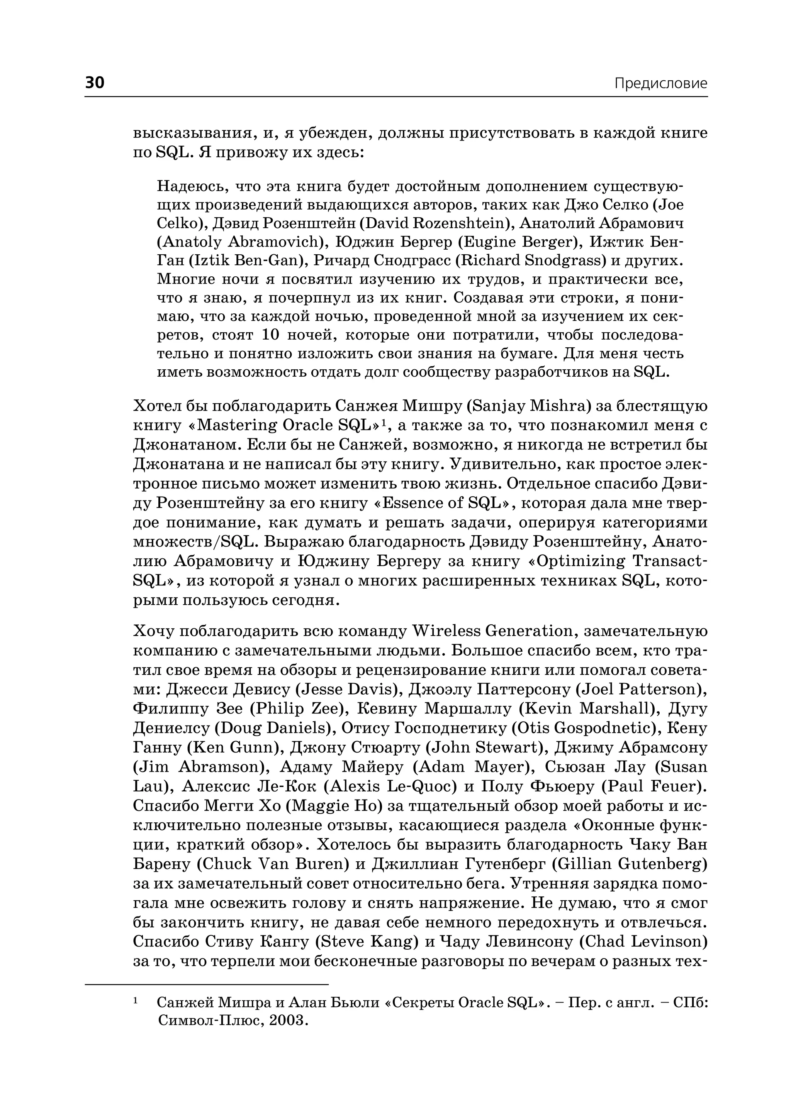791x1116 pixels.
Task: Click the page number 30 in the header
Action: pos(95,82)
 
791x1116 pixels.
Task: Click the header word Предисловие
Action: pos(660,83)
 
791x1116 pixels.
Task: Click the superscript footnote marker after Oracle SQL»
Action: pos(383,421)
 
